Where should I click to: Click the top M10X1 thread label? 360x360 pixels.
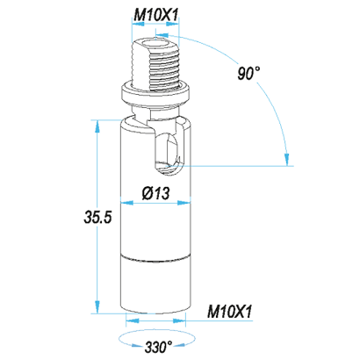pos(155,15)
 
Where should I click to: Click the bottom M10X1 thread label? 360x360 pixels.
pos(229,312)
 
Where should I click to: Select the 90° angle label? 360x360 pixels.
pos(248,73)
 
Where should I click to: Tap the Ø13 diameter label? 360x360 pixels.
pos(156,193)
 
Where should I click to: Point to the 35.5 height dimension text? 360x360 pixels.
pos(97,217)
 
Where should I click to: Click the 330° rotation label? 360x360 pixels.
pos(158,347)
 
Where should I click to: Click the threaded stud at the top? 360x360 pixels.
pos(155,64)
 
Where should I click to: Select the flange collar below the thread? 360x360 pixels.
pos(155,93)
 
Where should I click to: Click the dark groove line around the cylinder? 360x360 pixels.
pos(155,257)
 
